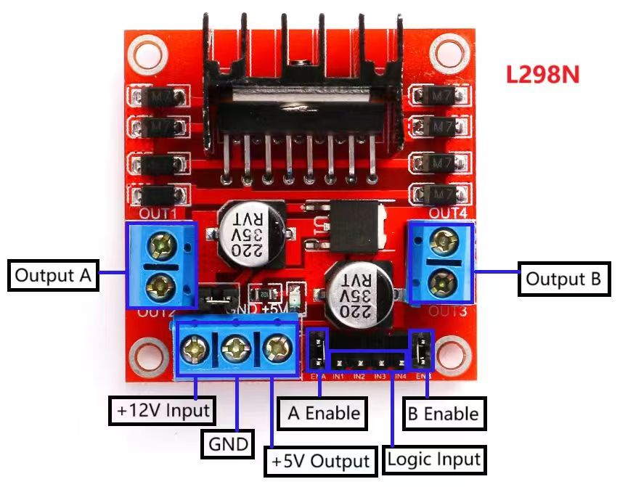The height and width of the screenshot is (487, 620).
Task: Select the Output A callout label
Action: pyautogui.click(x=54, y=276)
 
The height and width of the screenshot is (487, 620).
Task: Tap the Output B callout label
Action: pyautogui.click(x=564, y=279)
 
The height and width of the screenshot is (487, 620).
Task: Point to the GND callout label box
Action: pyautogui.click(x=227, y=443)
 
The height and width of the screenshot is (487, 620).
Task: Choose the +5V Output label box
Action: pyautogui.click(x=320, y=461)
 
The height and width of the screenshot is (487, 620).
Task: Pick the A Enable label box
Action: pyautogui.click(x=323, y=414)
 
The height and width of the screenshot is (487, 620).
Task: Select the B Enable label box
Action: pyautogui.click(x=442, y=414)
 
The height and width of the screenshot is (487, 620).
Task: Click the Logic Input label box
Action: pyautogui.click(x=434, y=459)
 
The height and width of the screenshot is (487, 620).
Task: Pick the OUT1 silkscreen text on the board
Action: pyautogui.click(x=158, y=213)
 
